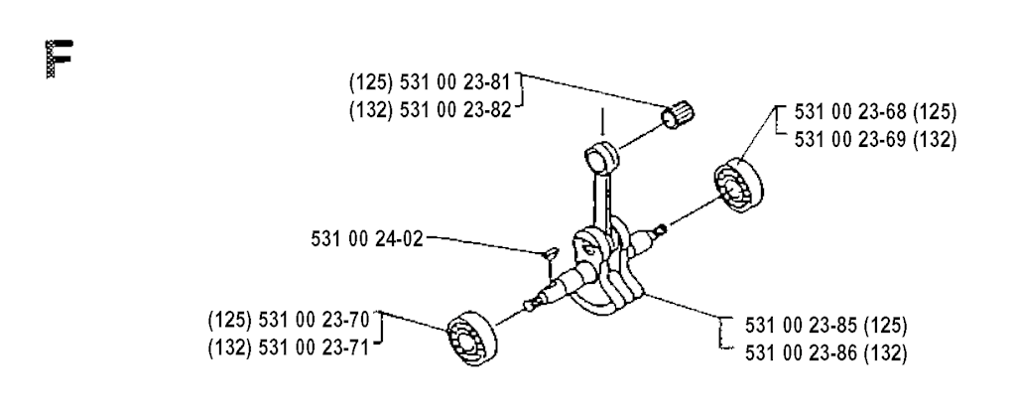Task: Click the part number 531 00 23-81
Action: click(x=455, y=82)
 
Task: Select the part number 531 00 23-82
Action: click(x=455, y=110)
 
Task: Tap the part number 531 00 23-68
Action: click(x=850, y=112)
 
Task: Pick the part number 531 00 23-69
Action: click(x=850, y=140)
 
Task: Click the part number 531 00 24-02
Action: click(x=367, y=239)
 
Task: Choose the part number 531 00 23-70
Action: click(x=314, y=320)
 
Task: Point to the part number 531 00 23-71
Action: click(x=314, y=347)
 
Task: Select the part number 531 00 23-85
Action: click(x=801, y=325)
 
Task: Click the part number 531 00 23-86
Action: click(x=801, y=353)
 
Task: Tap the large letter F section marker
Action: click(x=59, y=59)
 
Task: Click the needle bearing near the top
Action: click(x=677, y=115)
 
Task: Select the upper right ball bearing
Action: click(x=738, y=183)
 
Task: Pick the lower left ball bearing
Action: click(x=472, y=338)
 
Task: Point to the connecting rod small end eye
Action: click(x=602, y=156)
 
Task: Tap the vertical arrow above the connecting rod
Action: click(x=602, y=122)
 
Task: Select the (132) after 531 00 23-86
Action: click(x=886, y=353)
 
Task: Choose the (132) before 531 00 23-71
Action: click(x=230, y=347)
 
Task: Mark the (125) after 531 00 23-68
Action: click(x=935, y=112)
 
